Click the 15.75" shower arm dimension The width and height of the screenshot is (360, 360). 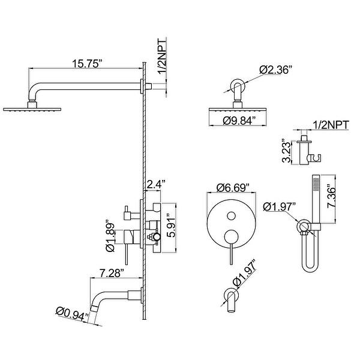click(x=82, y=62)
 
